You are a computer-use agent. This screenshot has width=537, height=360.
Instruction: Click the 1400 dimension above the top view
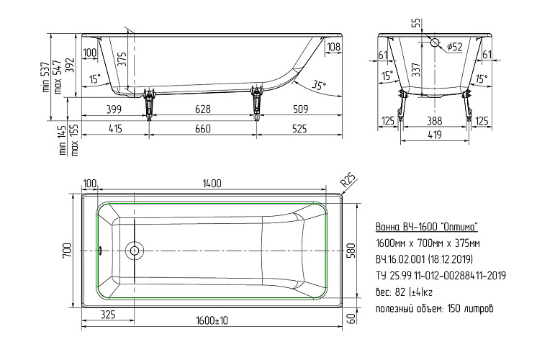click(212, 184)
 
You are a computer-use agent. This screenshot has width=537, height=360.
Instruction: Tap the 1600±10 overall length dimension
click(212, 320)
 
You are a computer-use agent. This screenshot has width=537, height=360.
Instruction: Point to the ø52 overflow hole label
click(455, 47)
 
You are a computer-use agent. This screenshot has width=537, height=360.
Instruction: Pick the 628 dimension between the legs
click(203, 109)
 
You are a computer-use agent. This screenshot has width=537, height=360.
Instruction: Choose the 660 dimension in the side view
click(203, 129)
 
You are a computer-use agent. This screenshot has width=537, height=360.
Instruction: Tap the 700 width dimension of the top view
click(67, 251)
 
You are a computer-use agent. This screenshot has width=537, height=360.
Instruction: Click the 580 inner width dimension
click(352, 251)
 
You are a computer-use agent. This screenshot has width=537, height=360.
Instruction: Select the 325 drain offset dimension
click(108, 315)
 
